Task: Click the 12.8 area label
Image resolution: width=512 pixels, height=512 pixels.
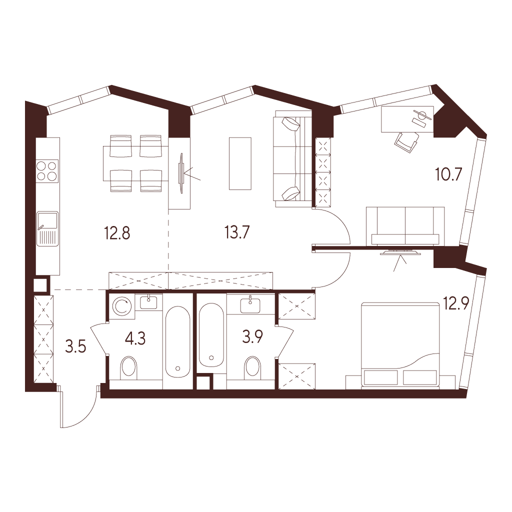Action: [117, 233]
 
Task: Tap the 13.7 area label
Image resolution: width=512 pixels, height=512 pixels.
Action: [237, 232]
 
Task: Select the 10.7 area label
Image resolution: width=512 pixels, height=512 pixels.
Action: [449, 174]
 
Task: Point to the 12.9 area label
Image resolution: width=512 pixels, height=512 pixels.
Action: [456, 303]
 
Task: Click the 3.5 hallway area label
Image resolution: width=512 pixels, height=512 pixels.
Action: [76, 347]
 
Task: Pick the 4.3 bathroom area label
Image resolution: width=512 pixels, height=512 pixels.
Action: [135, 338]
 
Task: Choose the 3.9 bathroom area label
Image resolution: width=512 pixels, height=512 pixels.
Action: [252, 336]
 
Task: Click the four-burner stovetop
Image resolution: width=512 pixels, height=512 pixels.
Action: [47, 171]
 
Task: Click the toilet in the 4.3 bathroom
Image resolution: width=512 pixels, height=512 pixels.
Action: [128, 368]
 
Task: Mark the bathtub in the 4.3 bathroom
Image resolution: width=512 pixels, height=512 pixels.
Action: [177, 342]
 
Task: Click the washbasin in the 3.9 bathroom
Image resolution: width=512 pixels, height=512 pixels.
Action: [250, 304]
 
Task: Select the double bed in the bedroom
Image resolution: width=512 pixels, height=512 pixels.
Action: [400, 345]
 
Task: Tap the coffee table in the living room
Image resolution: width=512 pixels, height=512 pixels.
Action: [240, 163]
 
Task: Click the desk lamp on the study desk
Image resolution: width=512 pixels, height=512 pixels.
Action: [421, 116]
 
